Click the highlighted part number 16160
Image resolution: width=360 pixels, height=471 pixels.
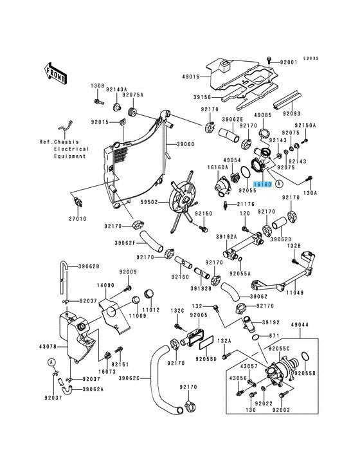[x=263, y=184]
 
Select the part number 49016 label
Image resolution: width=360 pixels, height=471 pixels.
[x=191, y=77]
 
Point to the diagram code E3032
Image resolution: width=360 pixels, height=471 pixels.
[x=310, y=58]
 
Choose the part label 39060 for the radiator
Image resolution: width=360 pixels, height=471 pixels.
[x=185, y=144]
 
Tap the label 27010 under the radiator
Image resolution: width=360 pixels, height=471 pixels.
[x=77, y=219]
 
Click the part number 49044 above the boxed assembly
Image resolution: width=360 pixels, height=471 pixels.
[x=300, y=325]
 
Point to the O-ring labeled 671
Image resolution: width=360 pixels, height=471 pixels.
[x=256, y=338]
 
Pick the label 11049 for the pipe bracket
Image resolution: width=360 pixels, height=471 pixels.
[x=294, y=292]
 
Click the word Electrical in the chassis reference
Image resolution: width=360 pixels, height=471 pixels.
[x=71, y=149]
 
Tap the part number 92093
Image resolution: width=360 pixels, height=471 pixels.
[x=292, y=114]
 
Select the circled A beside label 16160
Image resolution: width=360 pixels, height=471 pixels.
[x=279, y=184]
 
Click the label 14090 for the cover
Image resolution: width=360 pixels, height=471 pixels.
[x=105, y=285]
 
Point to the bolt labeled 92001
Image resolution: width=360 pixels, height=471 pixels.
[x=269, y=60]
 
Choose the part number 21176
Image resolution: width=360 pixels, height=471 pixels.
[x=246, y=204]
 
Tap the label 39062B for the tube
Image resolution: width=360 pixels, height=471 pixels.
[x=89, y=266]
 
